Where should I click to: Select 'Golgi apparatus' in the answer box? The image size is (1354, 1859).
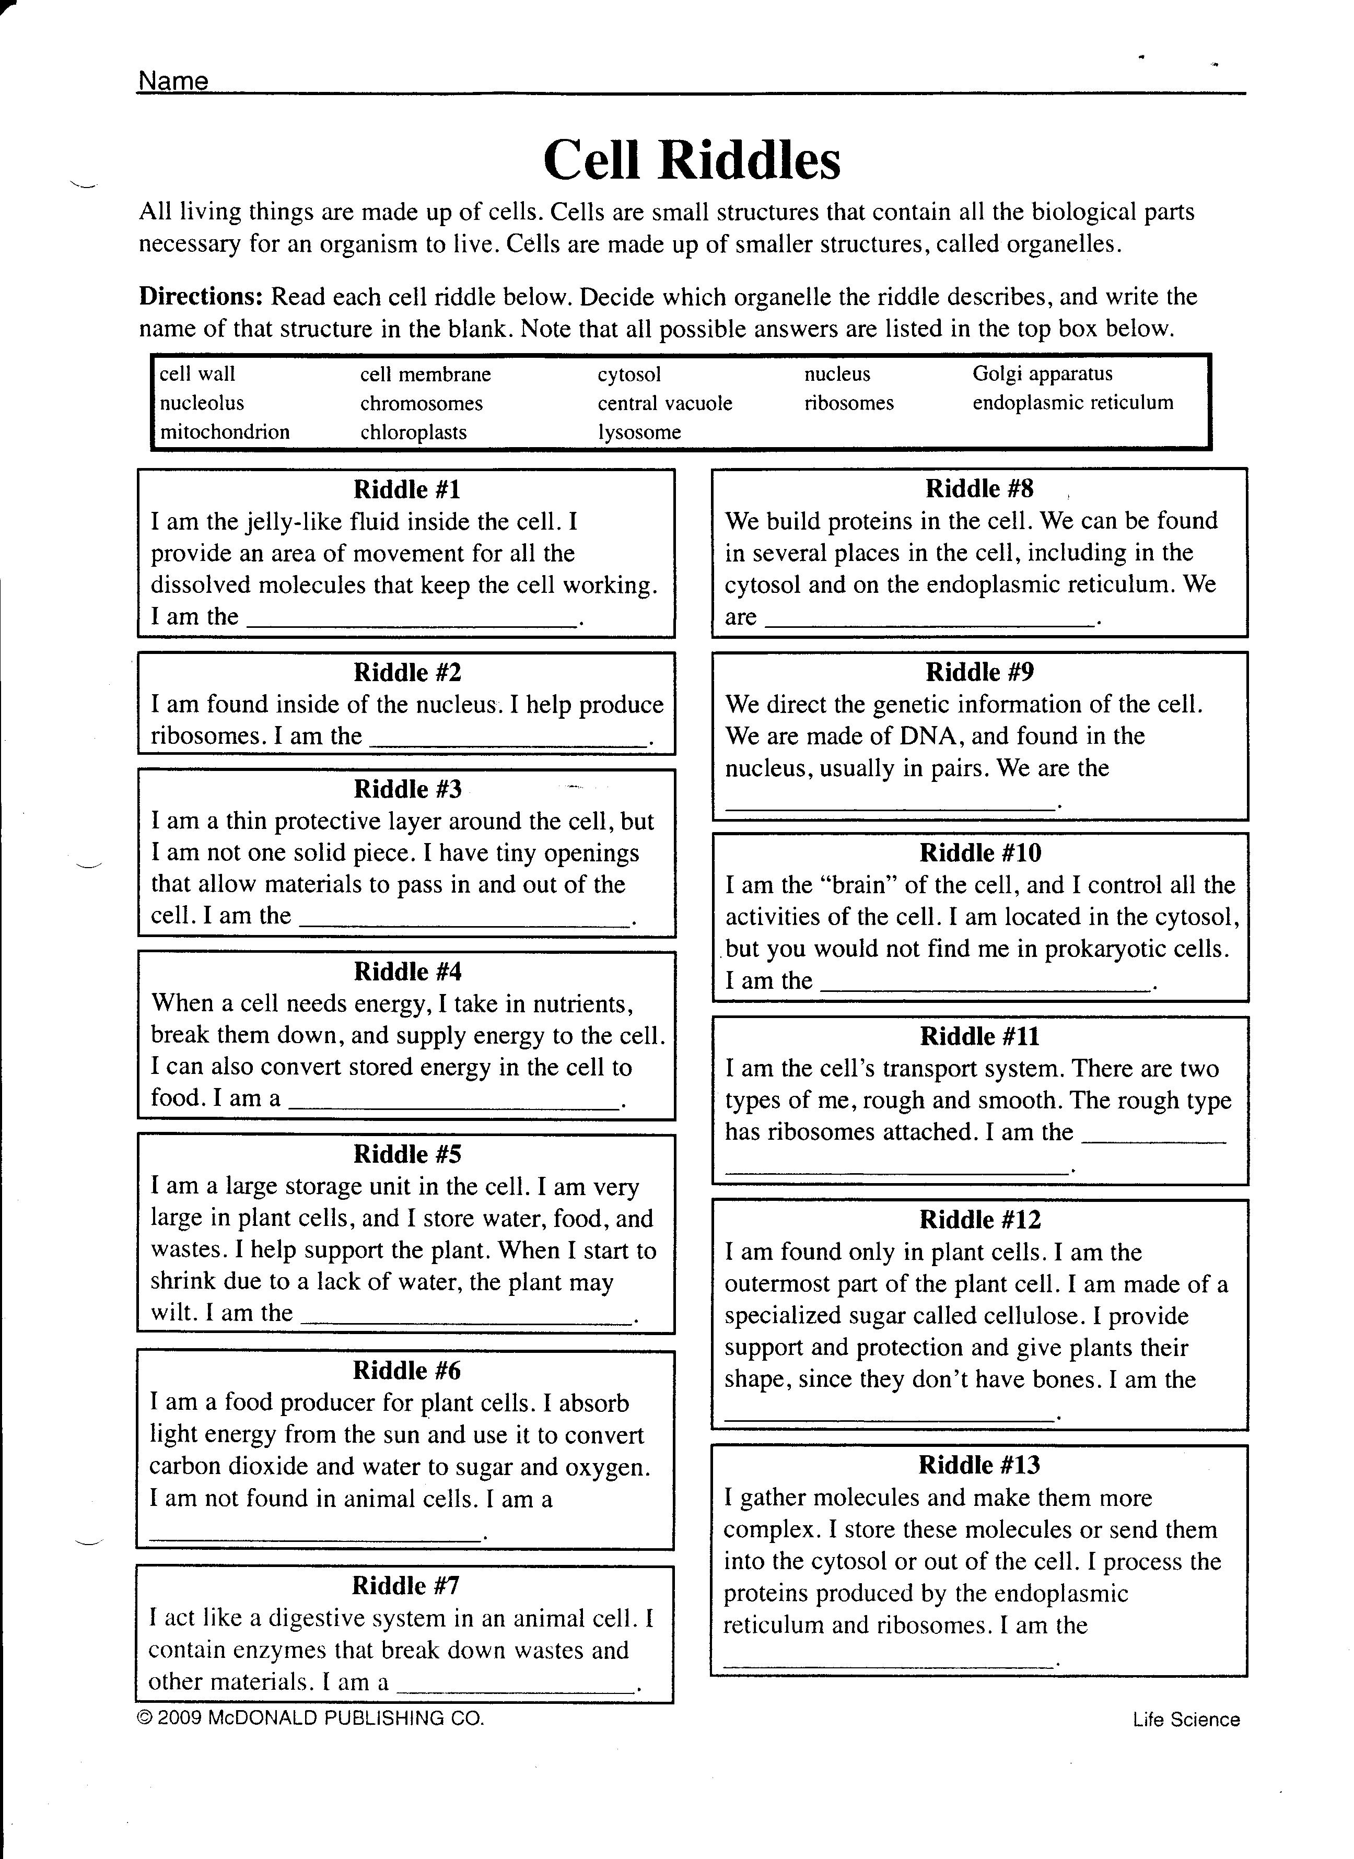tap(1043, 374)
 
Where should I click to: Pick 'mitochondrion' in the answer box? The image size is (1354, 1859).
tap(225, 432)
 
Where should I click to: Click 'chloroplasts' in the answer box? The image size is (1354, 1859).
tap(413, 432)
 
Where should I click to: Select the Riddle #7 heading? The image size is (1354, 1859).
tap(406, 1585)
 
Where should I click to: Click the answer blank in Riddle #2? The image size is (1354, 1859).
tap(508, 741)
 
